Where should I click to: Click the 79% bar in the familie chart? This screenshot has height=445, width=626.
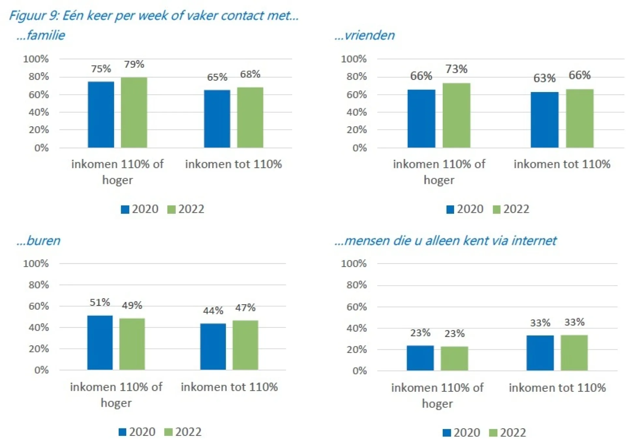[134, 113]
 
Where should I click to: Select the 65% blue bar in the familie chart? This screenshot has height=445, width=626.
[217, 119]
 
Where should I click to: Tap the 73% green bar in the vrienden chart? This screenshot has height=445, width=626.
[456, 115]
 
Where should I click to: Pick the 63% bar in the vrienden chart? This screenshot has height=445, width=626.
[544, 120]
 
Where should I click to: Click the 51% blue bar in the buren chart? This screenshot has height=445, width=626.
[100, 343]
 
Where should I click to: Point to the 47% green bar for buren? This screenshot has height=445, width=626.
[245, 345]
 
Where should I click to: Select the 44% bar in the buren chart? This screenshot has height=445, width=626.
[213, 347]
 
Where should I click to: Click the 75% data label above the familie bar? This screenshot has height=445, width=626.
[101, 69]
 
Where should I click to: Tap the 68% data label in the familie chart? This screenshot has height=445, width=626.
[250, 74]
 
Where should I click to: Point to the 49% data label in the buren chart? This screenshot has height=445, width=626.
[132, 305]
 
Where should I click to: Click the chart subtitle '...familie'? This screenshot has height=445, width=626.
[41, 35]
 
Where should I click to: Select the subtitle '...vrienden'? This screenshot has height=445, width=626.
[364, 35]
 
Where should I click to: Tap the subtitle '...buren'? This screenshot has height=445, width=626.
[38, 241]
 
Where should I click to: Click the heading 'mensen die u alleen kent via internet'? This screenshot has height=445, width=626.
[450, 241]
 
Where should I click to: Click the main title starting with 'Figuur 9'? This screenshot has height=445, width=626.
[154, 16]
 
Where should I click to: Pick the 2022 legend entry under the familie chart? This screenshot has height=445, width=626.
[186, 209]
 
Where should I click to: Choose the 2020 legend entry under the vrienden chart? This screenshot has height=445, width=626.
[465, 209]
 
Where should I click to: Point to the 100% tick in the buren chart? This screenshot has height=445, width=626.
[36, 264]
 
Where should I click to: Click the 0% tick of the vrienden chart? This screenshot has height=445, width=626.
[359, 148]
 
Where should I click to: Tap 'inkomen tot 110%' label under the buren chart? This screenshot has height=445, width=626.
[229, 387]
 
